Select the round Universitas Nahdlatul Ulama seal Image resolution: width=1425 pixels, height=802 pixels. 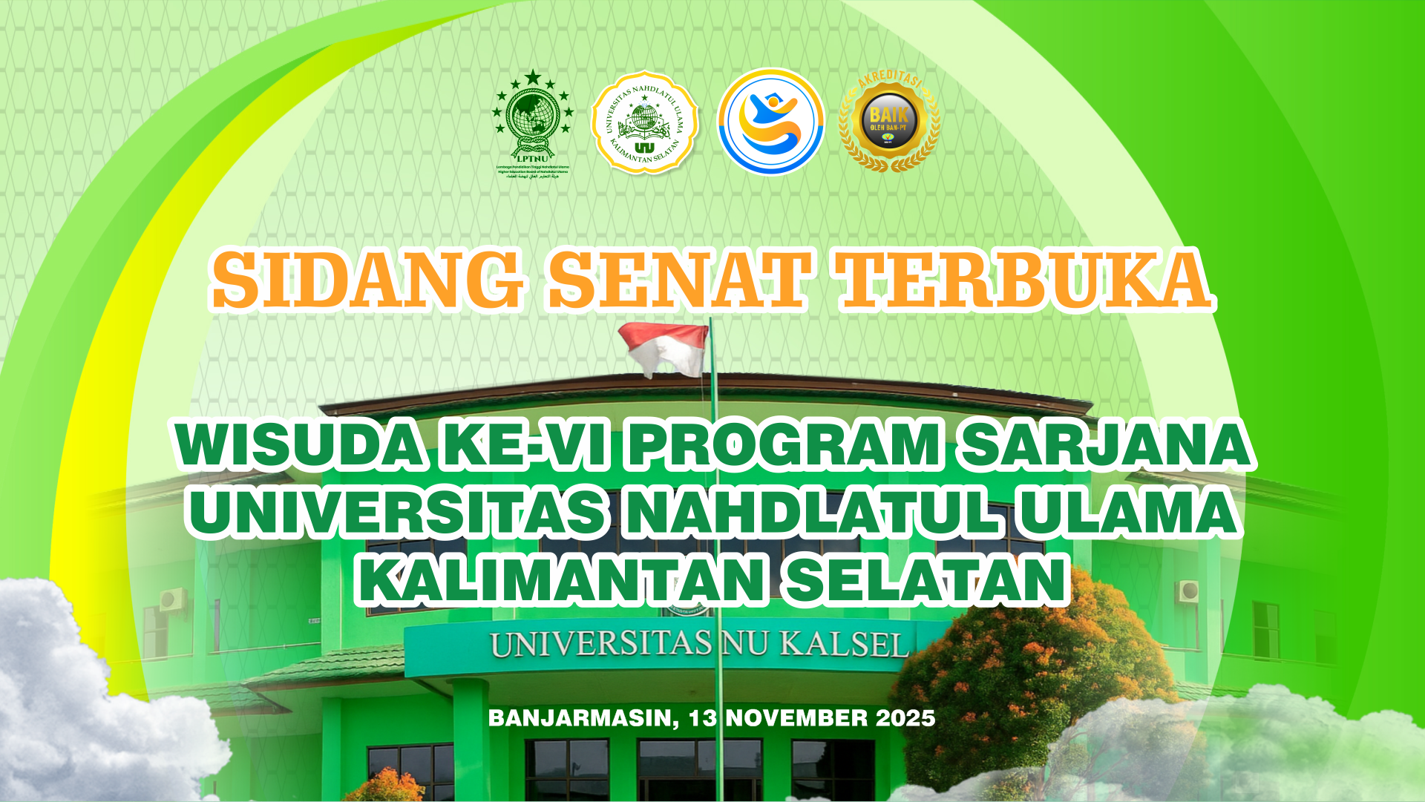point(644,123)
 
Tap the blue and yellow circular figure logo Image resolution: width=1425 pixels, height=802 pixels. point(770,122)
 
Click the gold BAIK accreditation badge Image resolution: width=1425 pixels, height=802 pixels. point(888,122)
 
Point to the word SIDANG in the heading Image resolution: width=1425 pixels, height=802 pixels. point(367,280)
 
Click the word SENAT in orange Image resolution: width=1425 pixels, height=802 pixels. point(677,280)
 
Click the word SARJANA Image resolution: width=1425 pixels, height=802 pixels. point(1103,446)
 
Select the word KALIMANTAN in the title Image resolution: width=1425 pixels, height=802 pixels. point(561,579)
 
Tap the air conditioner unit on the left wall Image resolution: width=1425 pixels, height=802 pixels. point(172,598)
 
